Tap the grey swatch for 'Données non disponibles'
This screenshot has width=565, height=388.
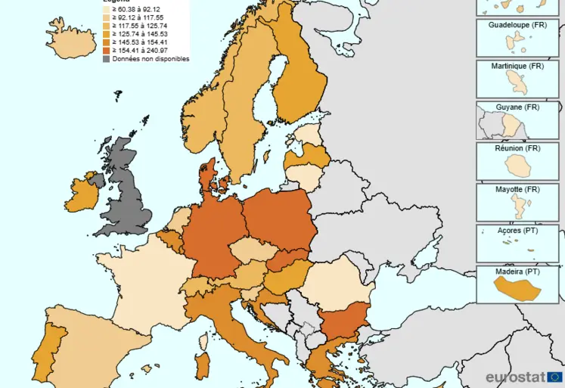click(107, 59)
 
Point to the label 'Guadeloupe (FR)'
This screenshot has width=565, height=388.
click(517, 25)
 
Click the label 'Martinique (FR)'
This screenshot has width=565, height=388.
click(517, 67)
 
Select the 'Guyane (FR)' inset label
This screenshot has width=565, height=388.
click(517, 107)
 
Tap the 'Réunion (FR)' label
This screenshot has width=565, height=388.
click(517, 148)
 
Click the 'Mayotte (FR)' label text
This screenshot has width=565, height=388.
click(517, 189)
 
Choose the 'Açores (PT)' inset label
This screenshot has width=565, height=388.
click(517, 230)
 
